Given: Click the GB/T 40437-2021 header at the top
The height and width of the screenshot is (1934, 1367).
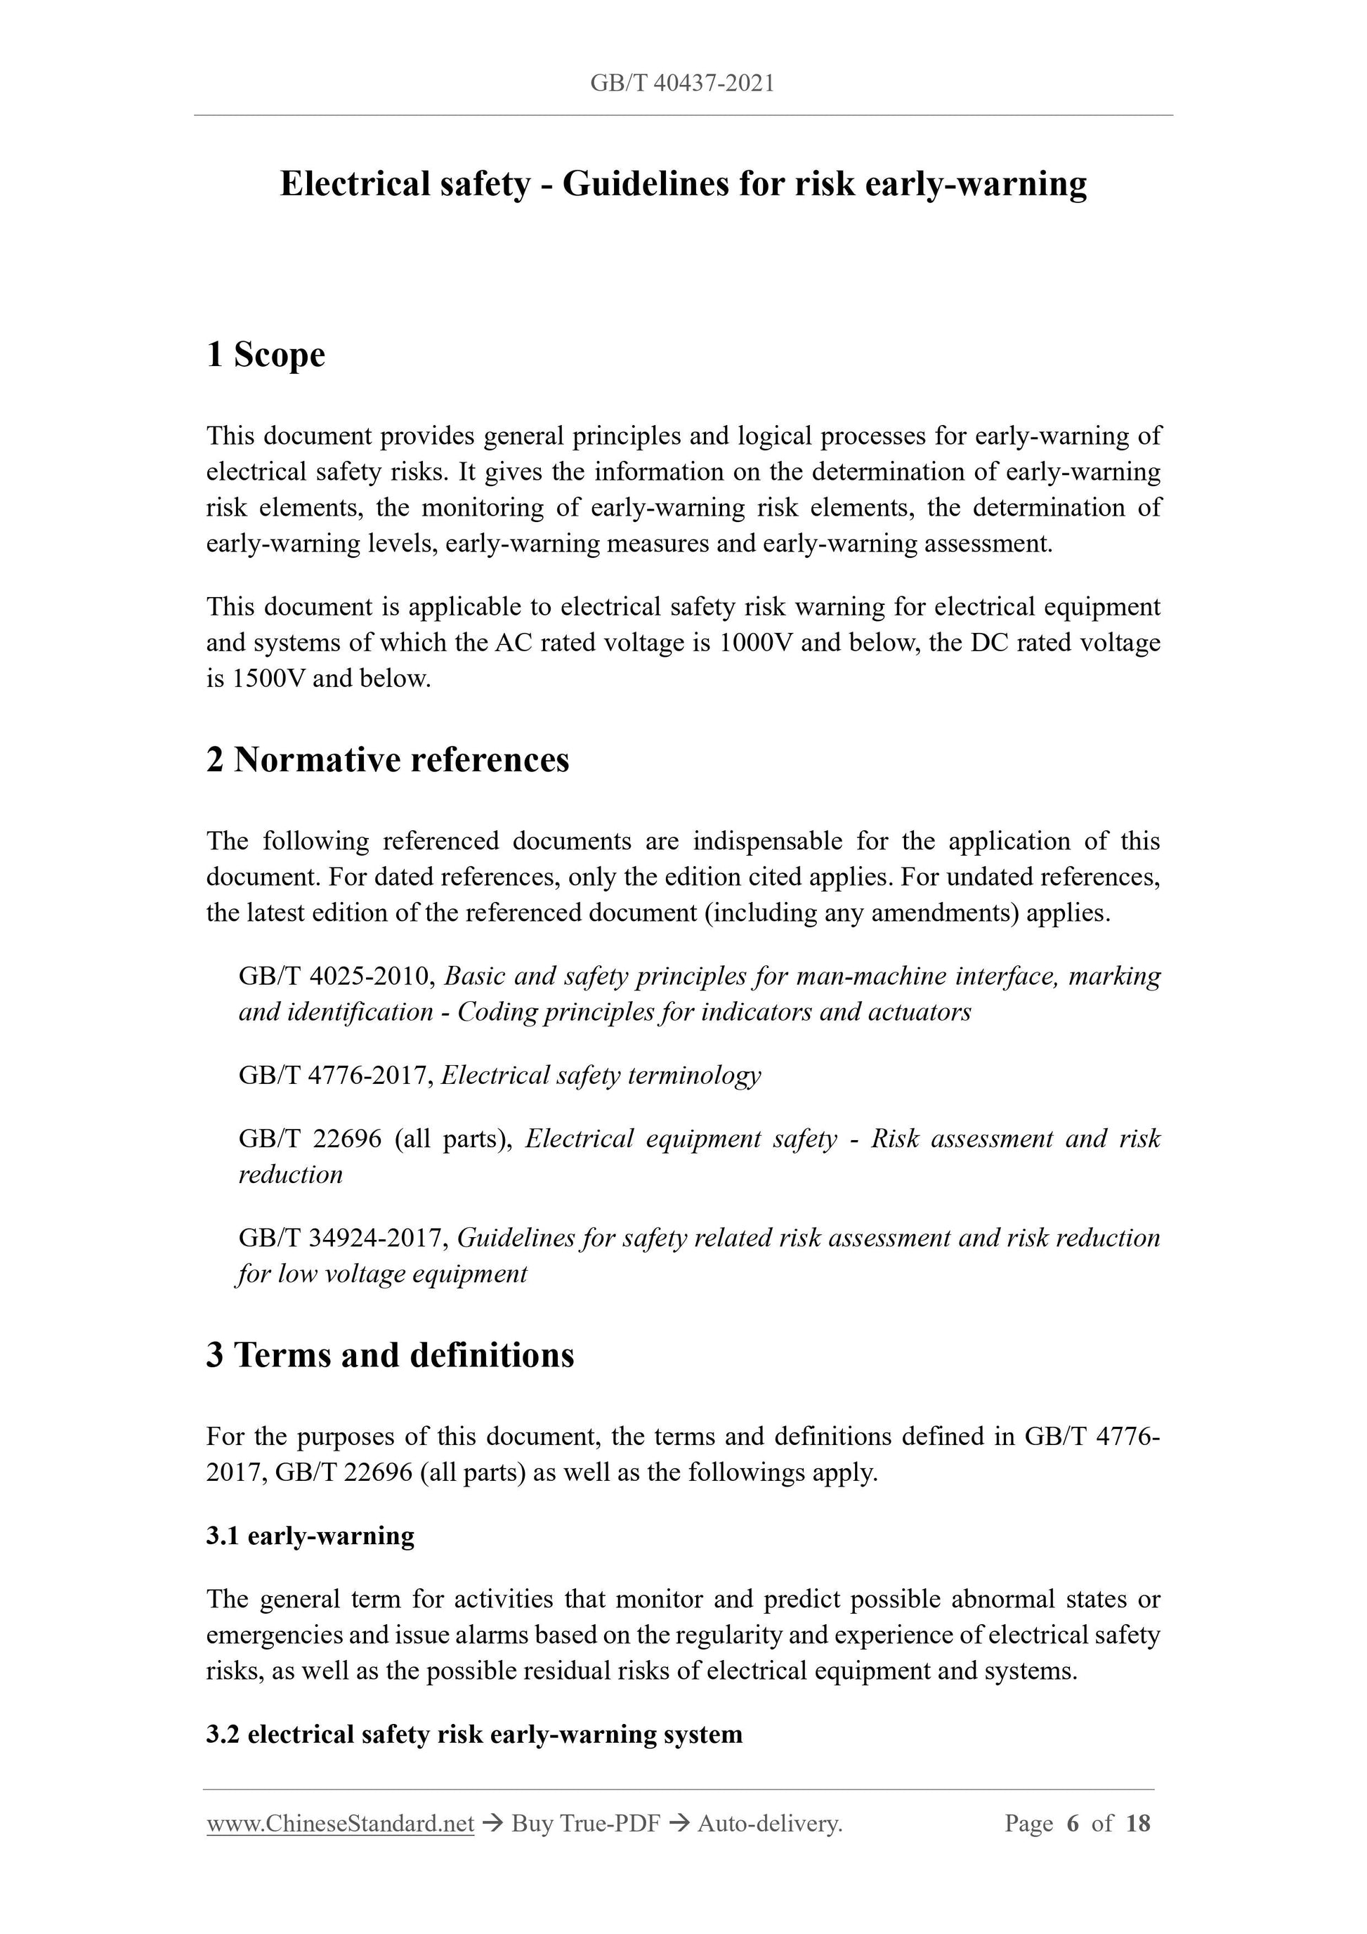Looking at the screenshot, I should click(682, 84).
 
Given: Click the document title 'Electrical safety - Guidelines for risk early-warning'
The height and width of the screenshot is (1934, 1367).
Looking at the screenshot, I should click(683, 183).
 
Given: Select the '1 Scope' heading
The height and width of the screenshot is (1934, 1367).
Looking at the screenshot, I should click(266, 355).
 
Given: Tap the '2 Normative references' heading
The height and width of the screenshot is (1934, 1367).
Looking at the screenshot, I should click(388, 760).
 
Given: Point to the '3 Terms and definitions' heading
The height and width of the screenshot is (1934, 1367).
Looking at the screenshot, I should click(390, 1355).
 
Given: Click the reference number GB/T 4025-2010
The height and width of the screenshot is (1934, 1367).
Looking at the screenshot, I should click(336, 976).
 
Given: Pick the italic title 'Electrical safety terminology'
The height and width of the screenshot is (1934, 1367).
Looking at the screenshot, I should click(601, 1076).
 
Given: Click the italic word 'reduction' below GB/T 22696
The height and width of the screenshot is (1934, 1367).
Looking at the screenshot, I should click(291, 1175).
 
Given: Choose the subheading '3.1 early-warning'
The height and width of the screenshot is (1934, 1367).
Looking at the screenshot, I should click(310, 1536).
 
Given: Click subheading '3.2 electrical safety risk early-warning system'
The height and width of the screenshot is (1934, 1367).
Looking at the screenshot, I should click(474, 1734).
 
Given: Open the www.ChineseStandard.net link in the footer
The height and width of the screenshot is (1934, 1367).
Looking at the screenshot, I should click(340, 1824).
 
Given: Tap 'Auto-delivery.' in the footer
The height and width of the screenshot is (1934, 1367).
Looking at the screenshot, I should click(770, 1824).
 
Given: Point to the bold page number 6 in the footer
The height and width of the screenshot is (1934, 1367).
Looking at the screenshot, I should click(1072, 1824).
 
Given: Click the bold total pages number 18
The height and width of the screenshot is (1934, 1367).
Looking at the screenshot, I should click(1137, 1824).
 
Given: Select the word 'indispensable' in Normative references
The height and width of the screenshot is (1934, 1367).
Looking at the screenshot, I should click(766, 842).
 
